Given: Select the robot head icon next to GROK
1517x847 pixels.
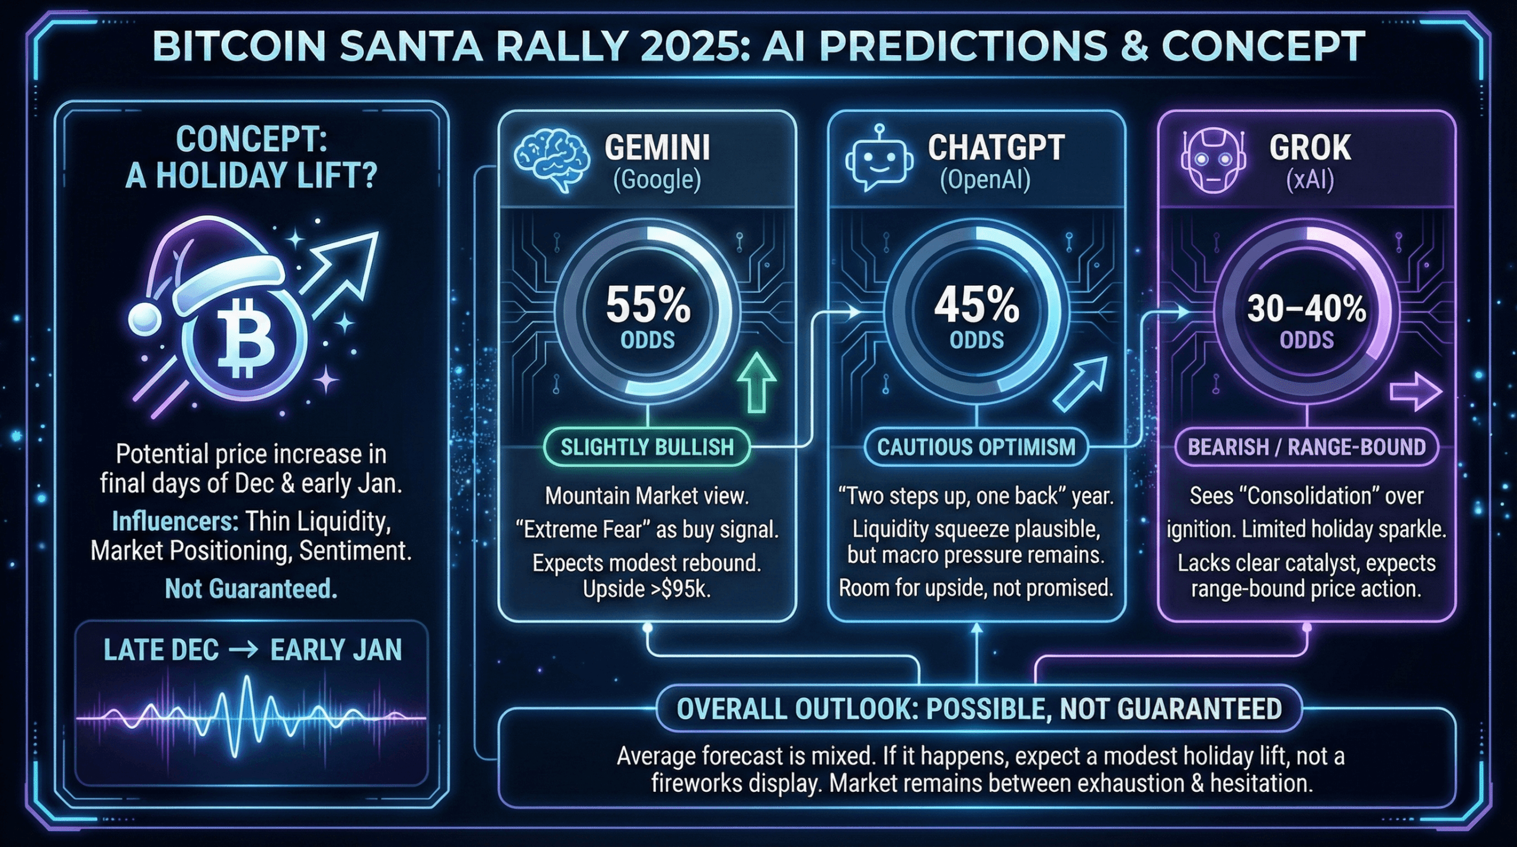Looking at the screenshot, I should (x=1212, y=161).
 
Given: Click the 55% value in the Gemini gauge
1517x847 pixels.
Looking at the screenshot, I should (x=648, y=306).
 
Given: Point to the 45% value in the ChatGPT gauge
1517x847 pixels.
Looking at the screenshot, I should (x=977, y=306).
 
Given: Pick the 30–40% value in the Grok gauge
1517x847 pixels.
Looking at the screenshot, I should (x=1306, y=309).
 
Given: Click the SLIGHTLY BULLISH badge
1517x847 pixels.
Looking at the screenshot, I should (x=647, y=447).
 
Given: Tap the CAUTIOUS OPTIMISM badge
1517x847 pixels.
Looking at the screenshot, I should (x=976, y=447).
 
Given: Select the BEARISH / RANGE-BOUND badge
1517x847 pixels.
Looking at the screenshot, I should (x=1307, y=447).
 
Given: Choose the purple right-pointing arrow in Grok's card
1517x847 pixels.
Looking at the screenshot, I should (x=1415, y=392).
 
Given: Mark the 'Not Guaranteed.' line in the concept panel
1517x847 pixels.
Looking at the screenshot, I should (x=251, y=589).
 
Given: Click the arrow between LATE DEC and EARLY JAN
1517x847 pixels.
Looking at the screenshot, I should (x=244, y=650).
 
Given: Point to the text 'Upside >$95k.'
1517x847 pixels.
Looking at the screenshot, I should (x=647, y=589).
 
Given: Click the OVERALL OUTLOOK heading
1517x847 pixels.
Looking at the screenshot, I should (x=979, y=709).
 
